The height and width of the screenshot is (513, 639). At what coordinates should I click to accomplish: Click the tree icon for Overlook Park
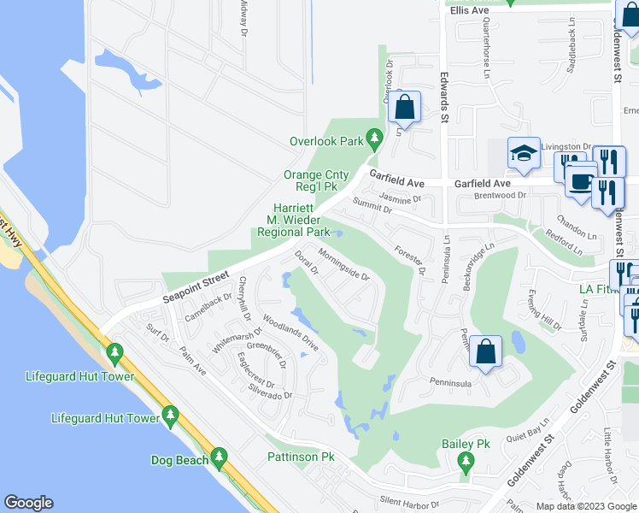point(373,137)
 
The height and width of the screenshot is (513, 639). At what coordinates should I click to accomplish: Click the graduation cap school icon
point(523,153)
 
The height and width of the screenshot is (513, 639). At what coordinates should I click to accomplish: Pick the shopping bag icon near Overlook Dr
point(405,108)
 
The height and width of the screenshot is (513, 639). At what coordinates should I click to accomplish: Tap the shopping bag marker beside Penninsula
point(485,351)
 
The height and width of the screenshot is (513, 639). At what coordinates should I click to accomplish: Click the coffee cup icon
point(581,181)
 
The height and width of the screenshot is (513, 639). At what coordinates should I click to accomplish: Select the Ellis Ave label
point(469,9)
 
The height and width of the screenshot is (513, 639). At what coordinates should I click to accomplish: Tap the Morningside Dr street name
point(343,264)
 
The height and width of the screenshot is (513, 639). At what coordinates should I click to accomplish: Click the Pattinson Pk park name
point(301,457)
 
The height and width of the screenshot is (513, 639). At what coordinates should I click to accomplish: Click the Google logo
point(28,503)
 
